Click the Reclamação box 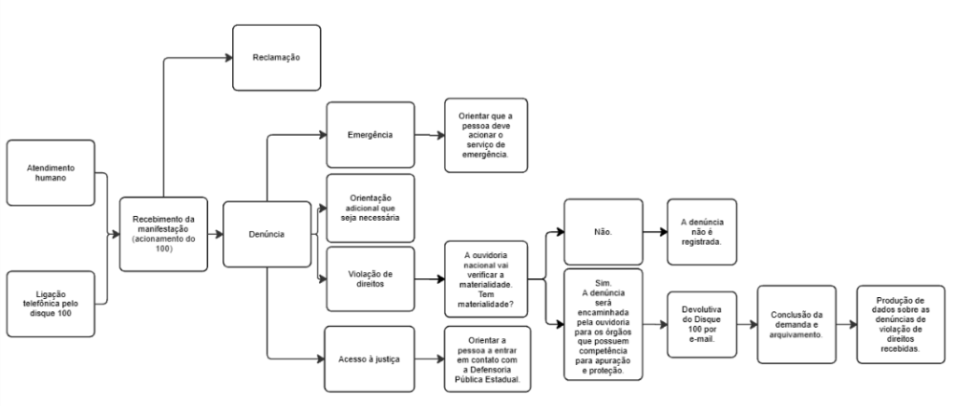tap(277, 58)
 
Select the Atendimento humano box tap(50, 172)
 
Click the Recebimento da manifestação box tap(163, 233)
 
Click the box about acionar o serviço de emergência tap(485, 135)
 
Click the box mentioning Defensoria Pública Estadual tap(485, 359)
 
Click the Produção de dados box tap(899, 324)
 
